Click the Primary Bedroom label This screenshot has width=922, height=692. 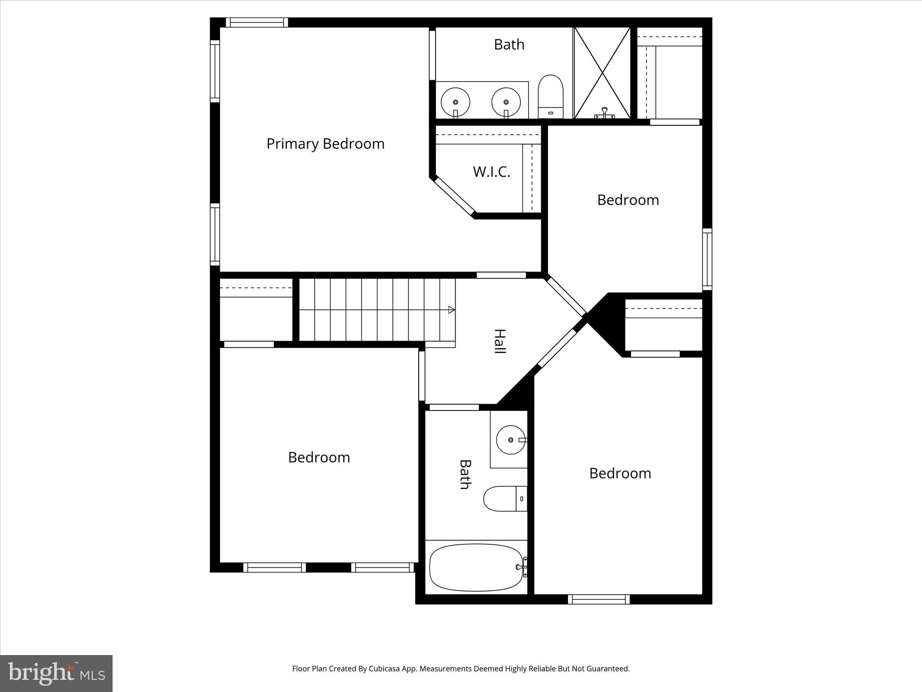pyautogui.click(x=325, y=144)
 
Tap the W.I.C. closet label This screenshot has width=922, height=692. pyautogui.click(x=492, y=172)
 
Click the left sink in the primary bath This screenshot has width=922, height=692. pyautogui.click(x=455, y=102)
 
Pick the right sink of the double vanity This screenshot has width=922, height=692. pyautogui.click(x=506, y=102)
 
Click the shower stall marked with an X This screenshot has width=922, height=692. pyautogui.click(x=602, y=73)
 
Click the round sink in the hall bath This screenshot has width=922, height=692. pyautogui.click(x=511, y=440)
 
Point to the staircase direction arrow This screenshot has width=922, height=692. pyautogui.click(x=451, y=310)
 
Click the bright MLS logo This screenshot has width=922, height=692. pyautogui.click(x=56, y=673)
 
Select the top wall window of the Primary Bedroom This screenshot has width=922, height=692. pyautogui.click(x=257, y=23)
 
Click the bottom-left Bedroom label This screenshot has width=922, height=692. pyautogui.click(x=319, y=457)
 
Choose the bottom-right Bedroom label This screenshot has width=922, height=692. pyautogui.click(x=620, y=473)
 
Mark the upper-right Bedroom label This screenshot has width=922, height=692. pyautogui.click(x=628, y=200)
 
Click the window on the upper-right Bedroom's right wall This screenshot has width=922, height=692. pyautogui.click(x=707, y=259)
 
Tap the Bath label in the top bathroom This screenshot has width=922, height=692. pyautogui.click(x=509, y=44)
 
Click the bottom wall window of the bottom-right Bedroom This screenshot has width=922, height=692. pyautogui.click(x=598, y=599)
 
